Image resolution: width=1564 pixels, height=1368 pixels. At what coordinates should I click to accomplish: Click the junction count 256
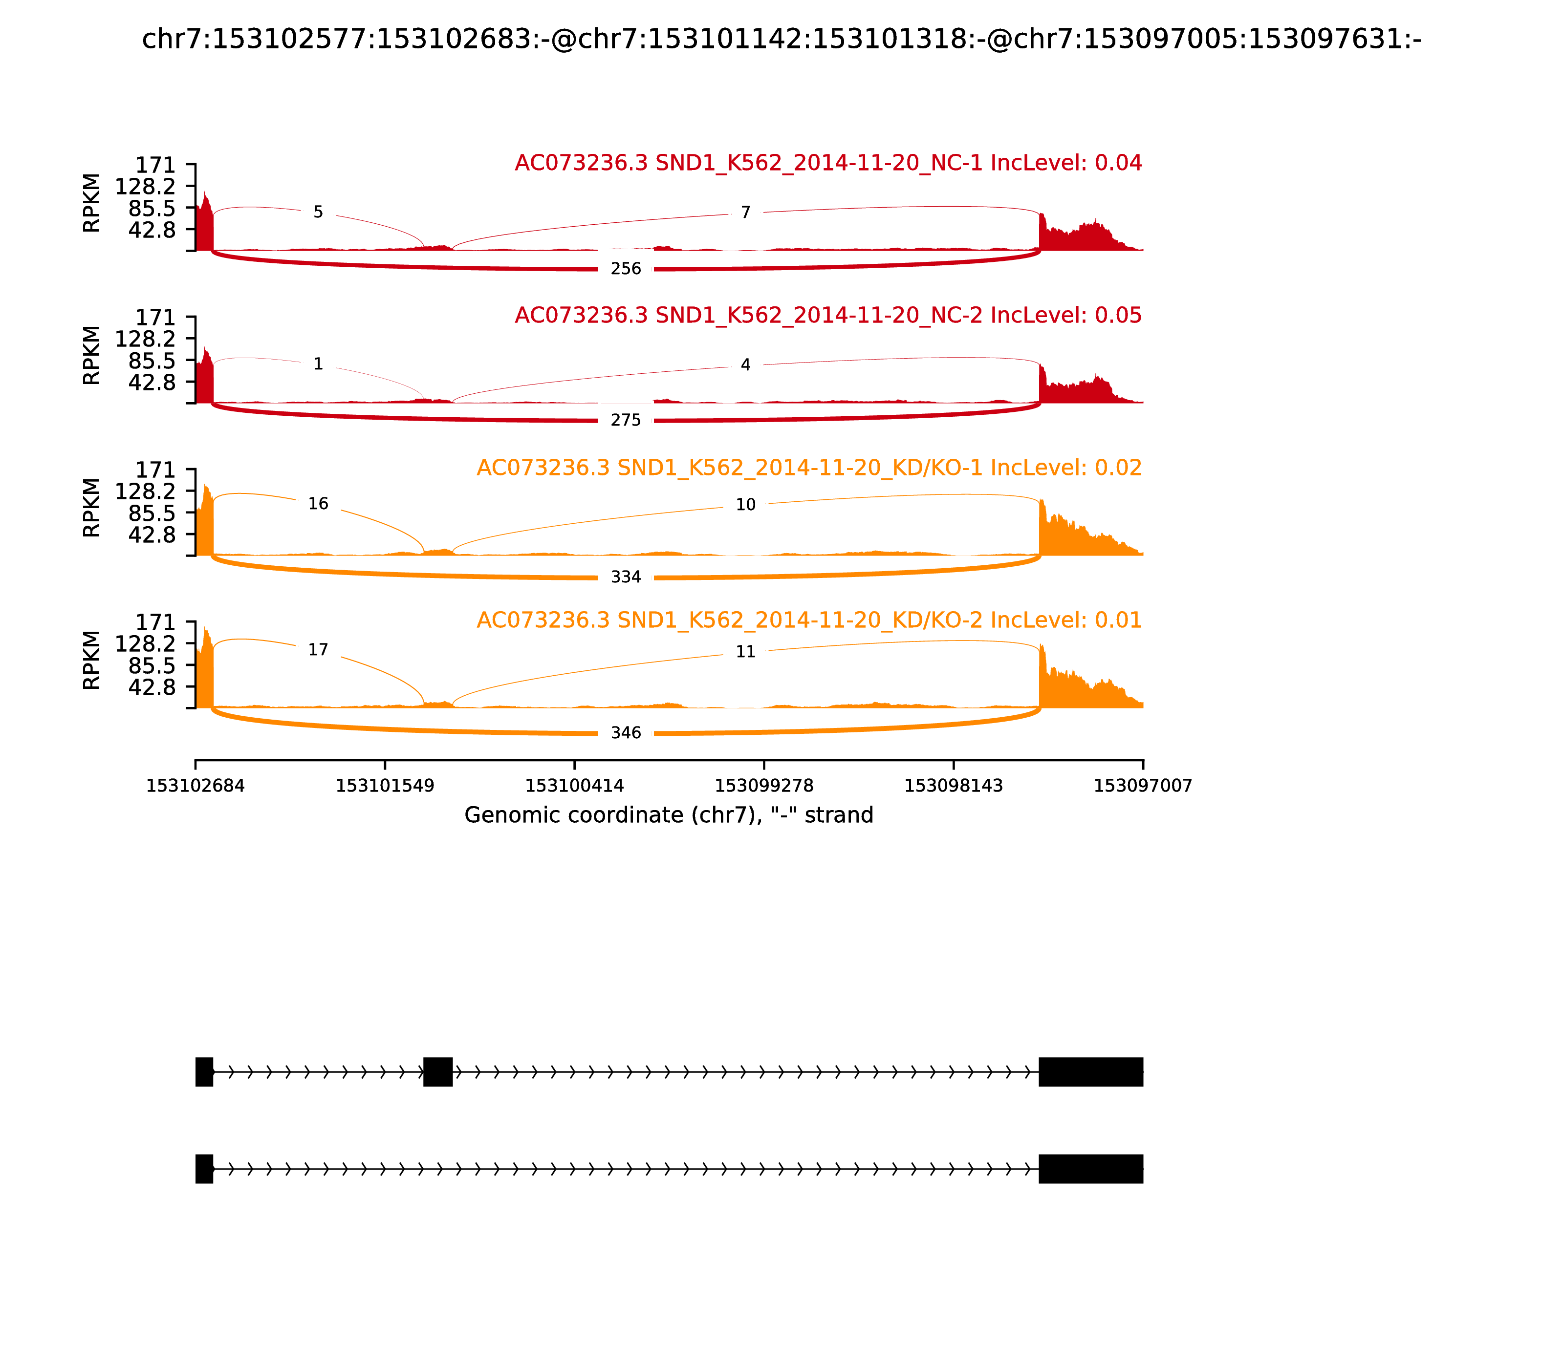click(x=626, y=269)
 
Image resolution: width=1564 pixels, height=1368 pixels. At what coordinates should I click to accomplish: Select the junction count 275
click(x=626, y=421)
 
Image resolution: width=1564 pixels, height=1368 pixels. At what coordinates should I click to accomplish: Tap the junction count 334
click(x=626, y=577)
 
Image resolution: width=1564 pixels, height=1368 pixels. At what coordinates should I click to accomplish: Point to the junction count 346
click(x=626, y=733)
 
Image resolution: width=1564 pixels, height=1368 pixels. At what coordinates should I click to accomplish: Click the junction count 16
click(x=318, y=504)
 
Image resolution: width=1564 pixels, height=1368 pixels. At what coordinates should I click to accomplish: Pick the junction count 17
click(x=318, y=650)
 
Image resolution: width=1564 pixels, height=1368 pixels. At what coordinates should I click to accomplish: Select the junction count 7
click(x=745, y=212)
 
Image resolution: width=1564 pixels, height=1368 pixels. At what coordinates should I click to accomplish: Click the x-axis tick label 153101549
click(x=385, y=786)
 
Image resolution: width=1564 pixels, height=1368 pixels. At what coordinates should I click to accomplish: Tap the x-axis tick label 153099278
click(x=763, y=786)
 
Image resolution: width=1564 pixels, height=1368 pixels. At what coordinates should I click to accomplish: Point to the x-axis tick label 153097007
click(x=1143, y=786)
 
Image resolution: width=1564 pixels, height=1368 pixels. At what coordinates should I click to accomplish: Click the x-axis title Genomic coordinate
click(x=668, y=815)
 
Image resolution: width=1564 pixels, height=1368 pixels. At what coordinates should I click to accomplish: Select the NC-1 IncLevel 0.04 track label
click(x=828, y=163)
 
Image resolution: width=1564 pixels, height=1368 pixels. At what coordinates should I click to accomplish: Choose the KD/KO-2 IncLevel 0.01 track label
click(x=809, y=620)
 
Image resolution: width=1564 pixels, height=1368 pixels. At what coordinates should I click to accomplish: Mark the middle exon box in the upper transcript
click(x=437, y=1072)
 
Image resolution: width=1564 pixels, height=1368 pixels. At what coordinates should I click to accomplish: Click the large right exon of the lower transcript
click(x=1090, y=1169)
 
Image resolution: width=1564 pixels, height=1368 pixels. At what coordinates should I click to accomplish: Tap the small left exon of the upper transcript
click(x=204, y=1072)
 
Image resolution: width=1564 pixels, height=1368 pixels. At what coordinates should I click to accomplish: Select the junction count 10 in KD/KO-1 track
click(x=745, y=505)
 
